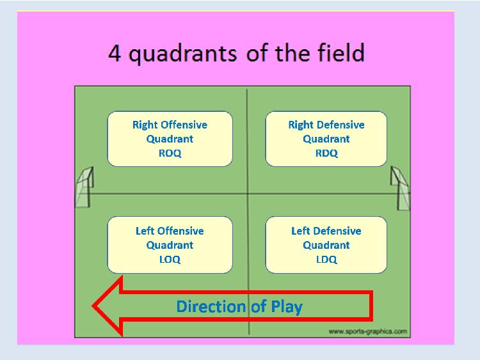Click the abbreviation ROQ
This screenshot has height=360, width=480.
pyautogui.click(x=170, y=153)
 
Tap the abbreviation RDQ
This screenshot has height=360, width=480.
pyautogui.click(x=326, y=153)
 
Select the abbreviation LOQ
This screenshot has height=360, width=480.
pyautogui.click(x=170, y=260)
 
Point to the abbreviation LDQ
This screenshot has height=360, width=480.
pyautogui.click(x=326, y=260)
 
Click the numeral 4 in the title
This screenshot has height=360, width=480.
pyautogui.click(x=115, y=53)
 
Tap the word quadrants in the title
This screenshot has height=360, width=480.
pyautogui.click(x=182, y=54)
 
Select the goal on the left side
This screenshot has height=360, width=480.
pyautogui.click(x=84, y=187)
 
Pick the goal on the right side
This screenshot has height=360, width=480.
pyautogui.click(x=400, y=188)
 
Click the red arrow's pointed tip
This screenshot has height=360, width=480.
pyautogui.click(x=93, y=306)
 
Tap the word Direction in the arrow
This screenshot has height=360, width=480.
pyautogui.click(x=211, y=306)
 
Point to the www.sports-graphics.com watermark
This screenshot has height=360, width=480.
pyautogui.click(x=367, y=331)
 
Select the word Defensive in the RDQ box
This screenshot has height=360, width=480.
pyautogui.click(x=340, y=125)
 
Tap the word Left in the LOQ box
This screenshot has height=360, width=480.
pyautogui.click(x=145, y=231)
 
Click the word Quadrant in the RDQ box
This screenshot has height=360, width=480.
pyautogui.click(x=326, y=139)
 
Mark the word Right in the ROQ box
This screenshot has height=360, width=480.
pyautogui.click(x=145, y=125)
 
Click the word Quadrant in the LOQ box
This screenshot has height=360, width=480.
pyautogui.click(x=170, y=245)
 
